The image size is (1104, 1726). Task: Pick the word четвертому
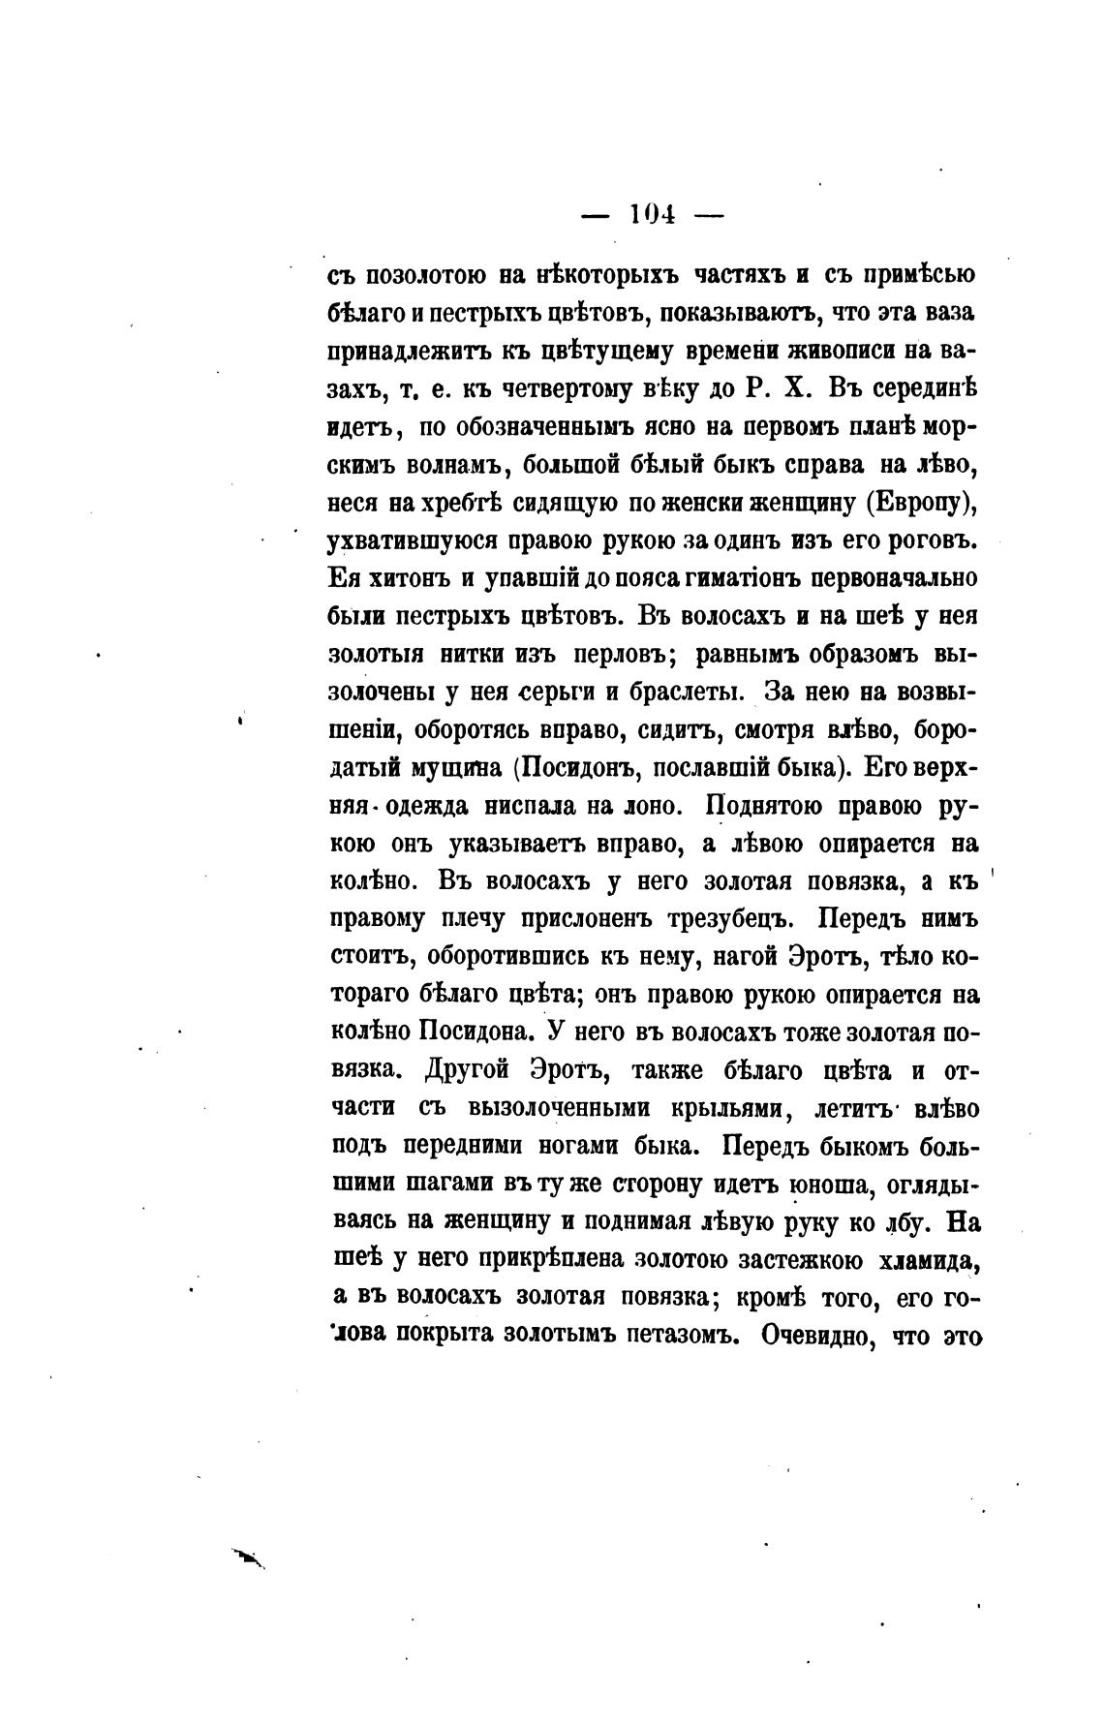pos(550,389)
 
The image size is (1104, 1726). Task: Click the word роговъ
pos(926,540)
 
